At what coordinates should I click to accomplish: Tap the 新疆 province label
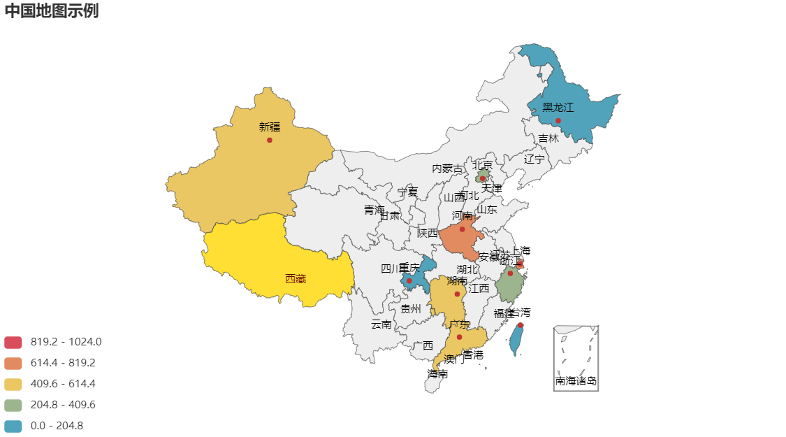tap(269, 127)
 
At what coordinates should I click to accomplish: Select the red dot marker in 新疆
tap(269, 140)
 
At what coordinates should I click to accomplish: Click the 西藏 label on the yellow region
tap(296, 278)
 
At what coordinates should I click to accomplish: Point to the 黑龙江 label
tap(558, 107)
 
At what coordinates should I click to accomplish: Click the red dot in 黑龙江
tap(558, 121)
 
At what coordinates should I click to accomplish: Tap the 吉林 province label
tap(548, 138)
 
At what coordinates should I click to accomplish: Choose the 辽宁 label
tap(534, 159)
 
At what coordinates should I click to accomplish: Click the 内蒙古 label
tap(447, 169)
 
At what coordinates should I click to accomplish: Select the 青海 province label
tap(374, 210)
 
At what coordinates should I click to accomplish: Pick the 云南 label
tap(381, 324)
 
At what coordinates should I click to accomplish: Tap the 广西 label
tap(423, 345)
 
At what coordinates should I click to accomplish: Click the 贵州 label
tap(411, 308)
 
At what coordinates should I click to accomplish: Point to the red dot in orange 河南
tap(462, 229)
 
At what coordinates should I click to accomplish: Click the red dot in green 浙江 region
tap(510, 273)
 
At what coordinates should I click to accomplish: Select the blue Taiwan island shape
tap(516, 341)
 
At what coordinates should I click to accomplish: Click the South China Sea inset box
tap(576, 358)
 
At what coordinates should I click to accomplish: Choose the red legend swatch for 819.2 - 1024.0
tap(13, 342)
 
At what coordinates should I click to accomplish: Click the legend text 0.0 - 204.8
tap(57, 426)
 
